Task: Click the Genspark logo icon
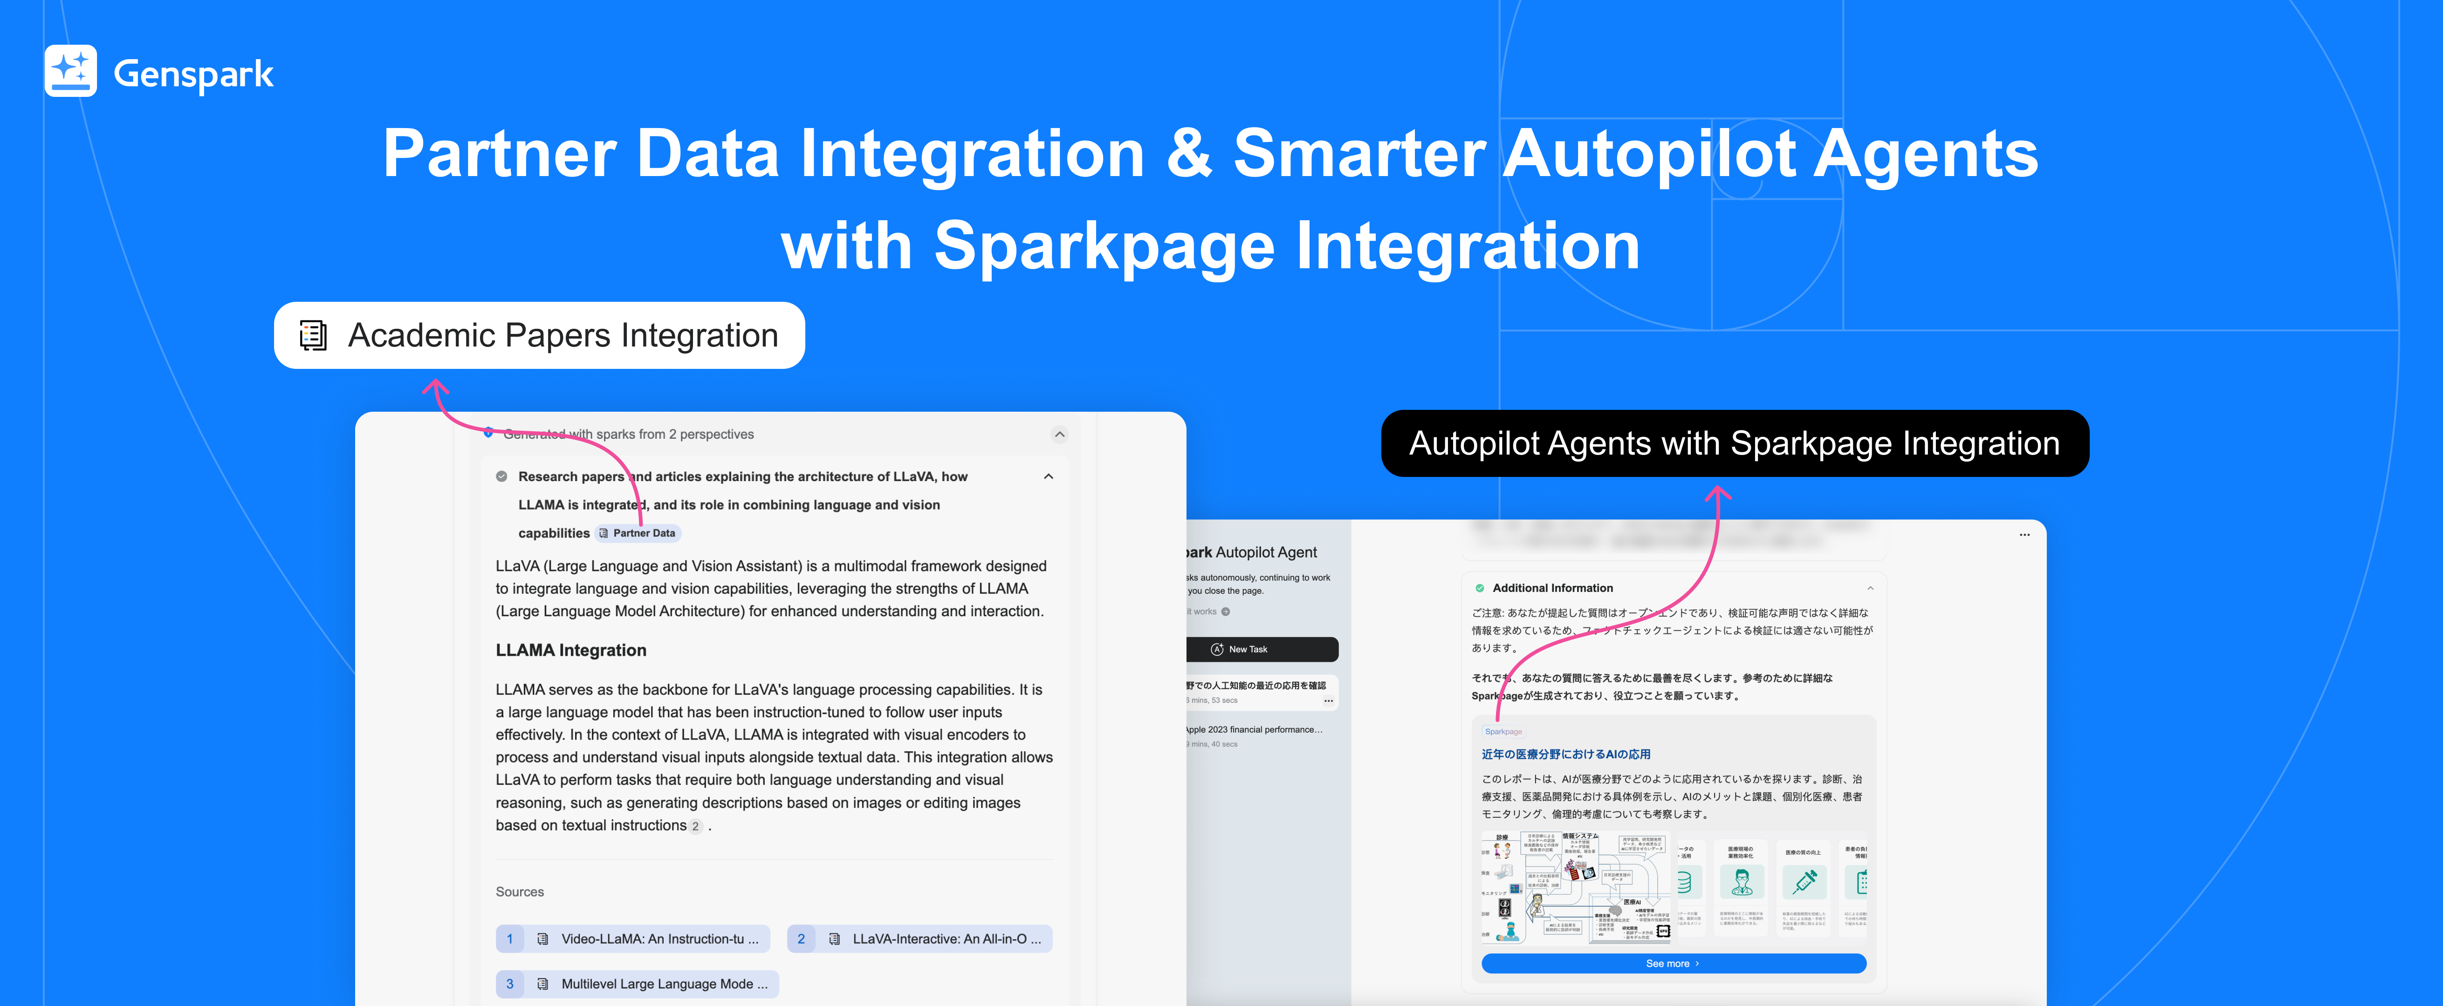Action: coord(70,71)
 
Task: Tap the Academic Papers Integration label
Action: coord(539,336)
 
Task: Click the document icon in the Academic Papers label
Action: coord(313,336)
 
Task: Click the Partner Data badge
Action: coord(638,533)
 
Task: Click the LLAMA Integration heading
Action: coord(571,651)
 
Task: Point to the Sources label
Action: coord(520,891)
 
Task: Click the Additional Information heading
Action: coord(1552,588)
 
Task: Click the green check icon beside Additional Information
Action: coord(1480,588)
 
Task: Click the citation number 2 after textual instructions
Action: coord(695,826)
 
